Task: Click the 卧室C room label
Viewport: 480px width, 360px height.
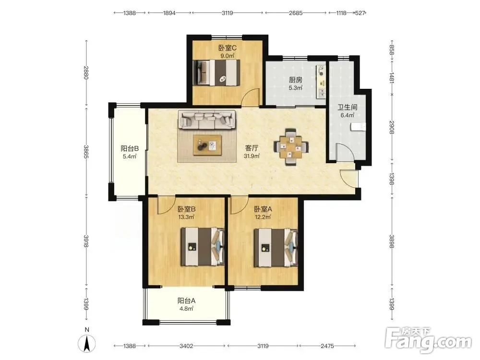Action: (x=227, y=48)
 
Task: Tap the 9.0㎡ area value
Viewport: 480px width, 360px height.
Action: (x=228, y=56)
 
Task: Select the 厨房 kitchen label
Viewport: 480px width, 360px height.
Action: (x=295, y=80)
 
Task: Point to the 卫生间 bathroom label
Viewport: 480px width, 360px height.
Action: (x=348, y=107)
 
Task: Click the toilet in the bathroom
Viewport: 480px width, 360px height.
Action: (x=359, y=126)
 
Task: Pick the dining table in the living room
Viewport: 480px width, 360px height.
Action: (x=291, y=147)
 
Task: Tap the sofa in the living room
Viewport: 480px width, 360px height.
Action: (x=207, y=120)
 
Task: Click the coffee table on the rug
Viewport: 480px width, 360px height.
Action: (x=207, y=145)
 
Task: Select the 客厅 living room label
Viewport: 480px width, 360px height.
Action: (x=252, y=148)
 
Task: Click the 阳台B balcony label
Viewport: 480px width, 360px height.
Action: (x=130, y=148)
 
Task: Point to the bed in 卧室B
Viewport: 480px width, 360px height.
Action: (x=203, y=246)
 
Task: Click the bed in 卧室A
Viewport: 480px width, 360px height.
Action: (x=276, y=247)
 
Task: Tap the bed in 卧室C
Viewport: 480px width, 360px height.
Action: (x=216, y=72)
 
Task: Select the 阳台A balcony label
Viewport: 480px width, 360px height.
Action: (x=186, y=300)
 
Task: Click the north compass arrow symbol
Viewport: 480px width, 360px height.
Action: (x=87, y=344)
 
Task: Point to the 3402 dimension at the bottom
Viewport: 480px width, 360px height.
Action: (x=186, y=346)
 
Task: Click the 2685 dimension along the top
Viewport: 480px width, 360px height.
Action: (x=296, y=13)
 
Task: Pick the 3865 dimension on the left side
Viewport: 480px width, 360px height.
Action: (x=86, y=152)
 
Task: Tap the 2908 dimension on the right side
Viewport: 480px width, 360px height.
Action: (x=392, y=127)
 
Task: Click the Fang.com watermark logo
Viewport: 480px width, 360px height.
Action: (x=428, y=339)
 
